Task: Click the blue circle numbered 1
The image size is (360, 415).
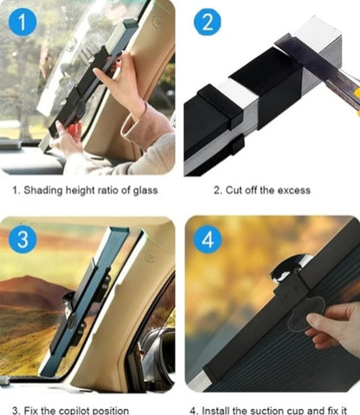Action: coord(24,21)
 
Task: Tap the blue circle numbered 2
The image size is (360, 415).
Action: coord(207,21)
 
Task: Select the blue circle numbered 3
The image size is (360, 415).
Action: coord(24,239)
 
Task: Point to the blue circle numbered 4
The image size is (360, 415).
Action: coord(207,239)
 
